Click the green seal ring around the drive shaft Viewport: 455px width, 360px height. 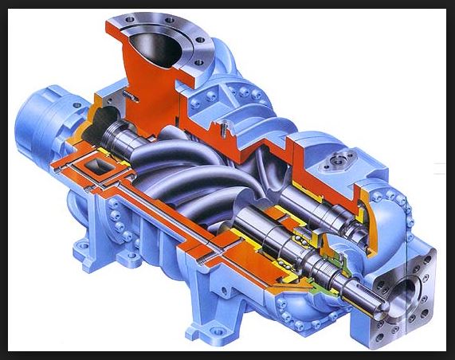coord(327,264)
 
